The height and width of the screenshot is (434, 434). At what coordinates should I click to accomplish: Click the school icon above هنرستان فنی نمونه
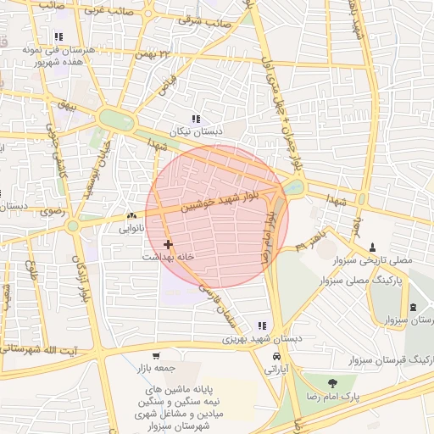(58, 36)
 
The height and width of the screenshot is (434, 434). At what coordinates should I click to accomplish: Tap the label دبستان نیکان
(197, 132)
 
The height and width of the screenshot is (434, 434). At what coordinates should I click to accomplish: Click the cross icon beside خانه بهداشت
(168, 244)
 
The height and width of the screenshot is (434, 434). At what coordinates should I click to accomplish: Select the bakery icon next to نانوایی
(131, 217)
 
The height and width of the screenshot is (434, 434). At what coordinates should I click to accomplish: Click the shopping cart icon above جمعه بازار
(155, 356)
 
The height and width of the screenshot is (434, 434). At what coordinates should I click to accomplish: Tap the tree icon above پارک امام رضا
(331, 383)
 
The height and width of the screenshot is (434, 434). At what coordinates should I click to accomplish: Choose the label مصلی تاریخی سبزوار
(372, 260)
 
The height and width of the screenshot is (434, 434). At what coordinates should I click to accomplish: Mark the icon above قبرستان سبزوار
(413, 307)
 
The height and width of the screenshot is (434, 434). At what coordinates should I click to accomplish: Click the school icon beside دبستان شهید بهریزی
(262, 325)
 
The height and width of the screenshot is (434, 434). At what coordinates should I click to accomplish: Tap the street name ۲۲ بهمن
(160, 56)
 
